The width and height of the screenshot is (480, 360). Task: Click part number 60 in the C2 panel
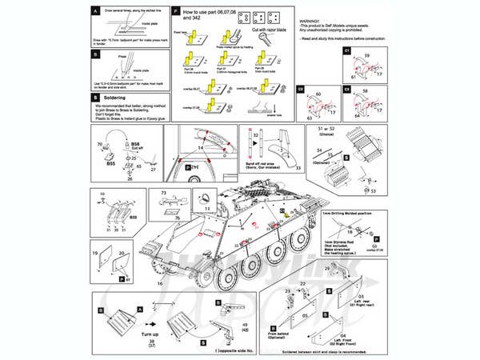coord(318,94)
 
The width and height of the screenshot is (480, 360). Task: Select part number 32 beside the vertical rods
coord(255,137)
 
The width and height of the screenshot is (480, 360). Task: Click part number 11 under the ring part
coord(206,208)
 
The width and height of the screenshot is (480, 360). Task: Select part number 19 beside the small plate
coord(96,253)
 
